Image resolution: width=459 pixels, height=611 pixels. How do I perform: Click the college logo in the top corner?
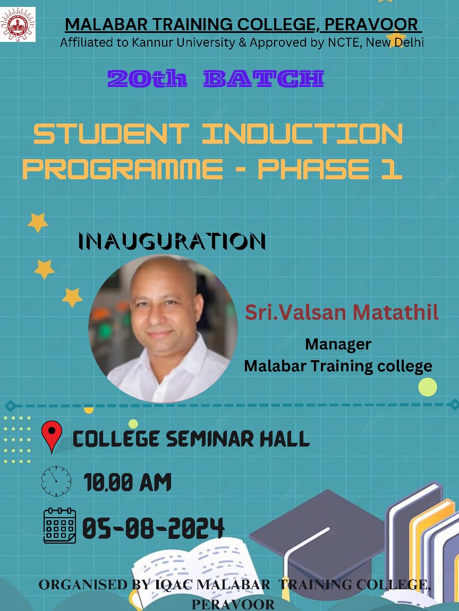pyautogui.click(x=18, y=24)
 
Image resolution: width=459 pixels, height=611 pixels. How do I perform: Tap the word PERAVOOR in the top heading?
pyautogui.click(x=371, y=24)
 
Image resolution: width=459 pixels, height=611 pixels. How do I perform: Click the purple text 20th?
pyautogui.click(x=147, y=78)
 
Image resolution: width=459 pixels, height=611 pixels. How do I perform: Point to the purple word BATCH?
pyautogui.click(x=263, y=78)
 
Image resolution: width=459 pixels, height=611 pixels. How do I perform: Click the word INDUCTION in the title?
pyautogui.click(x=302, y=134)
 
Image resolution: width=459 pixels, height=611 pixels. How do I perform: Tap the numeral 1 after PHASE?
pyautogui.click(x=392, y=169)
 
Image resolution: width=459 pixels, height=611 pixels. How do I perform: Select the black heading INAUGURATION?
pyautogui.click(x=172, y=241)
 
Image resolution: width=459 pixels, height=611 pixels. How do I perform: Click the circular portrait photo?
pyautogui.click(x=163, y=328)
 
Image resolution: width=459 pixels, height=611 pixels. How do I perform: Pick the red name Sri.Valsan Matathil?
pyautogui.click(x=342, y=312)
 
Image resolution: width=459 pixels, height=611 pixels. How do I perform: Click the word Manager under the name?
pyautogui.click(x=338, y=344)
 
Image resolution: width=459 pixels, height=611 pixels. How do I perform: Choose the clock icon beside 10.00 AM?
pyautogui.click(x=56, y=481)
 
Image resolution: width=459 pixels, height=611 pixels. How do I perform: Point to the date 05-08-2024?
pyautogui.click(x=153, y=528)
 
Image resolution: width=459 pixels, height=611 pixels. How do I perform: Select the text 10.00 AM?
pyautogui.click(x=127, y=482)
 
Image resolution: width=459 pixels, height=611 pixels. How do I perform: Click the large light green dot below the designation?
pyautogui.click(x=427, y=387)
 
